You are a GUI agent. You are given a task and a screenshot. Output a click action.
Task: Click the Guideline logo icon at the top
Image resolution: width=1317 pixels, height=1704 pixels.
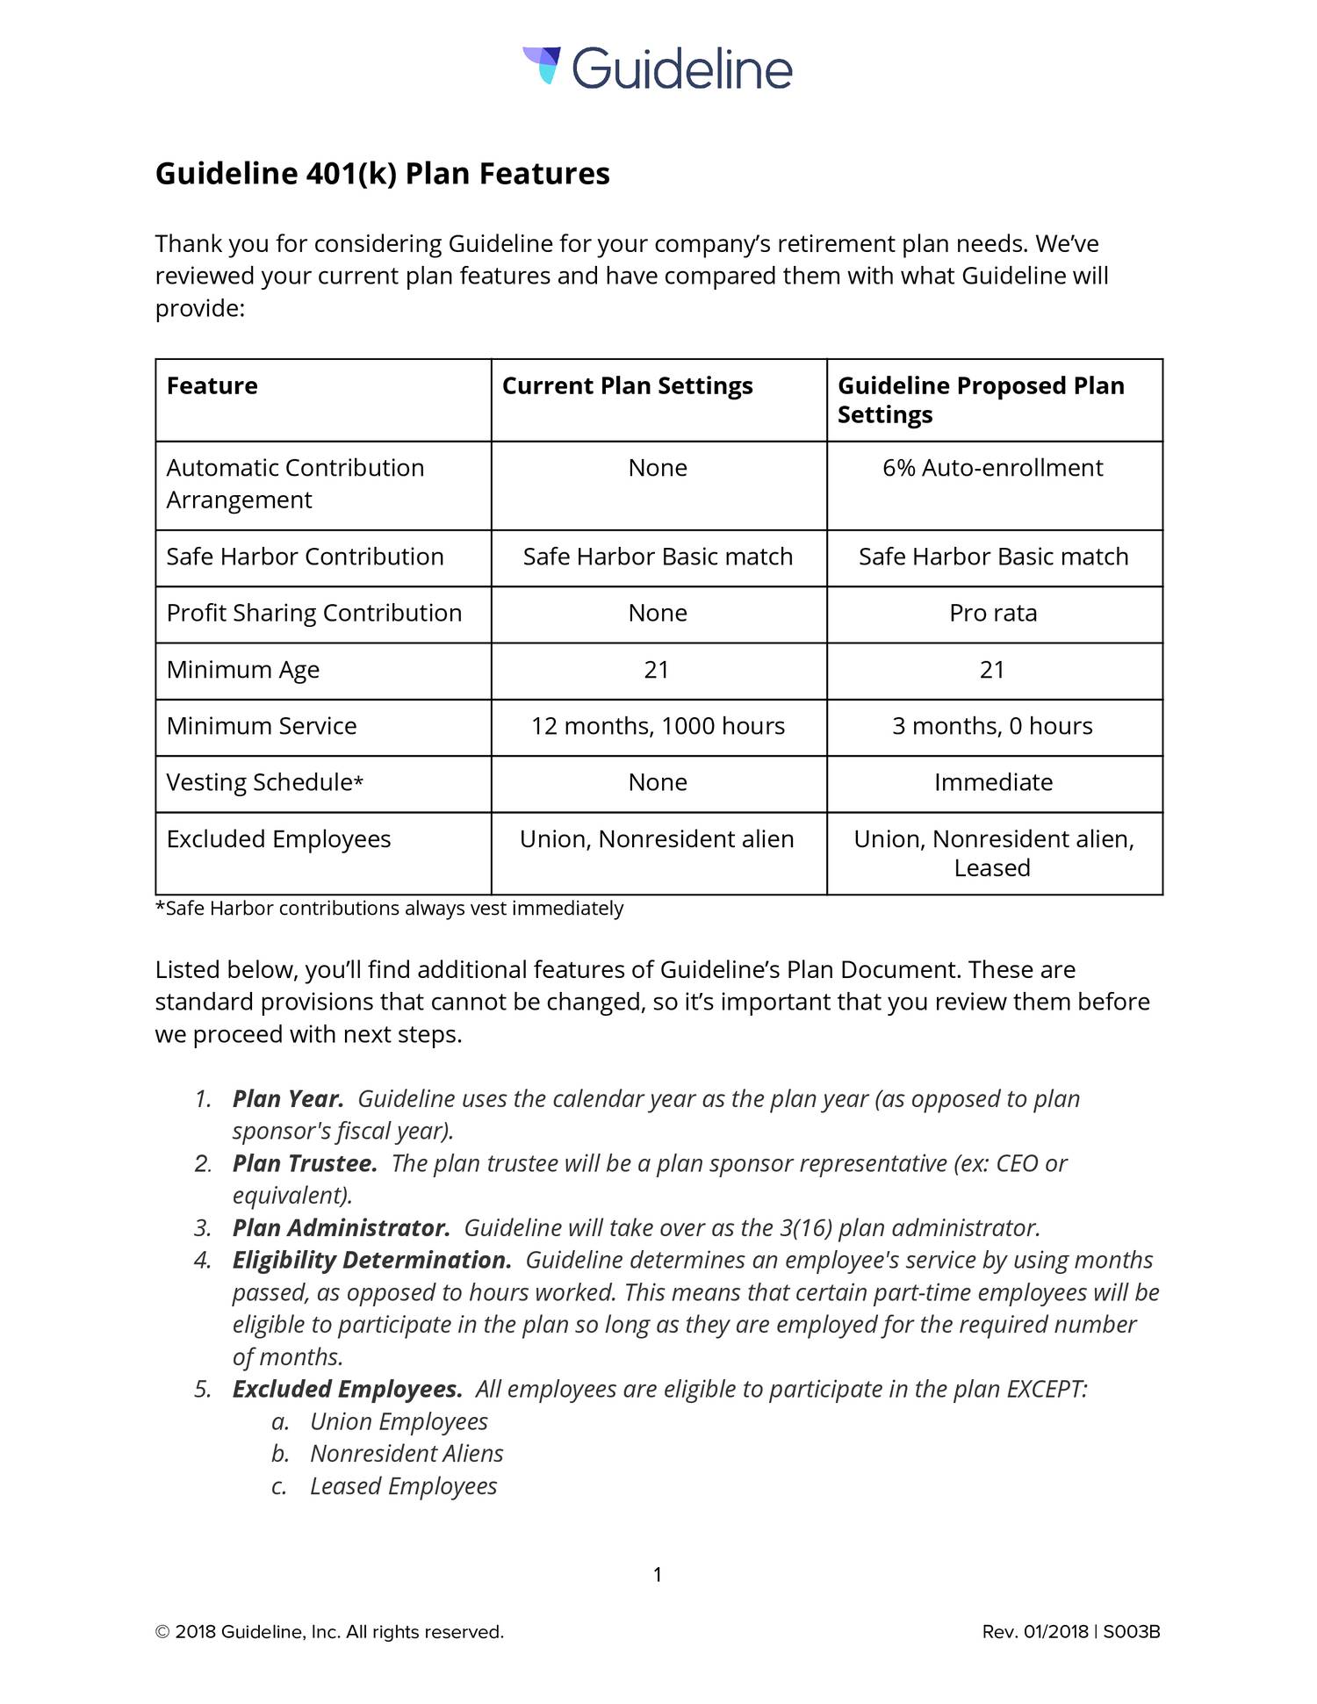tap(542, 65)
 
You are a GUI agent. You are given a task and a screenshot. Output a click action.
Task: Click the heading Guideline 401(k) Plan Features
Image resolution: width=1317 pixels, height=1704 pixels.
tap(382, 174)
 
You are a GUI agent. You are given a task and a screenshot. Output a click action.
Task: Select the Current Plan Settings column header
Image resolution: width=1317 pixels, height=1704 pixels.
tap(627, 386)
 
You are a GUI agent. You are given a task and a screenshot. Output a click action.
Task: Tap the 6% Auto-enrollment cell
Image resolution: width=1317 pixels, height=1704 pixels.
tap(992, 468)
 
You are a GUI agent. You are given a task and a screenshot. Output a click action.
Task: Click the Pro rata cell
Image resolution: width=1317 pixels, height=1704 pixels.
tap(992, 613)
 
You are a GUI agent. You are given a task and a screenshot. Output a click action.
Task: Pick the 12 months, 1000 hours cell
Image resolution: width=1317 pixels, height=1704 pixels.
tap(658, 726)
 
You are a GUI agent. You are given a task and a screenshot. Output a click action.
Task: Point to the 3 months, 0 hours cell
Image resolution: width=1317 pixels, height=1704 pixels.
tap(992, 726)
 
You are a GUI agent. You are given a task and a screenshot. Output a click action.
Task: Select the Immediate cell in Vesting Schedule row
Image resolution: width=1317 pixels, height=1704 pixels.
tap(992, 782)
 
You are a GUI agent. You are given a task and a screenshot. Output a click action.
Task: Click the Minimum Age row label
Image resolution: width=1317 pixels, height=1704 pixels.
tap(243, 670)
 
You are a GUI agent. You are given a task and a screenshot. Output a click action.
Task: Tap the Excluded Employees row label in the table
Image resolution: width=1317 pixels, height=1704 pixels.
tap(278, 839)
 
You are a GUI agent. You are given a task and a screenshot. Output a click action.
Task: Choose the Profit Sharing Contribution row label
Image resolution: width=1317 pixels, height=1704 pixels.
tap(313, 613)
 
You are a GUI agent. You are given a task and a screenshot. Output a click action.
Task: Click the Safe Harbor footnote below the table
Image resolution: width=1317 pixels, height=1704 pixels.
tap(389, 909)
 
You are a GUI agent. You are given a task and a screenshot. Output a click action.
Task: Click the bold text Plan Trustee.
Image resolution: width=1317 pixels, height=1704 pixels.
tap(305, 1164)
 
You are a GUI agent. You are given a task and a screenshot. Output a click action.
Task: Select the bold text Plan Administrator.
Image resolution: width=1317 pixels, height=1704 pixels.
tap(341, 1228)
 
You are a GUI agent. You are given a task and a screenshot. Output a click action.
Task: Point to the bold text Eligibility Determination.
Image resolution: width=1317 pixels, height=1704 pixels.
tap(371, 1261)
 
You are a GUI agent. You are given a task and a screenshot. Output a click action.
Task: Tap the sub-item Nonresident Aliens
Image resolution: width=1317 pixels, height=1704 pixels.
tap(407, 1454)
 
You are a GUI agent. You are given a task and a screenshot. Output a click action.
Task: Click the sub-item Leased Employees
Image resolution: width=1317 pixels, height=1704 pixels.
tap(403, 1486)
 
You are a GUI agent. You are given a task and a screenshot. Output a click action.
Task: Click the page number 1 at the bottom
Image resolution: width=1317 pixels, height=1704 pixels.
tap(658, 1575)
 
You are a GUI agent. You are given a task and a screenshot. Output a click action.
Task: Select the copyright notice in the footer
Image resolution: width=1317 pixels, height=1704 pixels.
tap(329, 1632)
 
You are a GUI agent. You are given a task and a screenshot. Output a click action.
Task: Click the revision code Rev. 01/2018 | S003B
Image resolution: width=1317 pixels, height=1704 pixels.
tap(1070, 1632)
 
